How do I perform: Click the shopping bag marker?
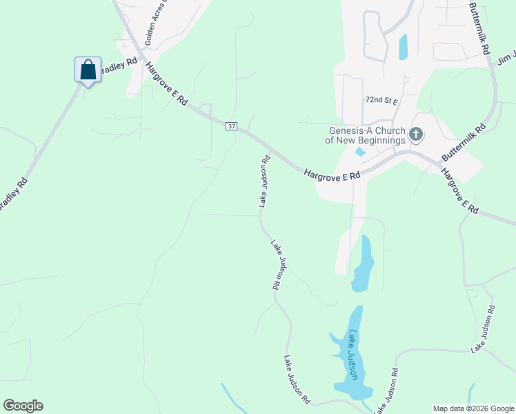click(x=88, y=70)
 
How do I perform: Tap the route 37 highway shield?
click(x=231, y=126)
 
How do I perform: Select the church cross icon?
click(x=416, y=135)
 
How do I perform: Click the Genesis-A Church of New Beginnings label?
click(x=365, y=135)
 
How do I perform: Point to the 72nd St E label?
click(x=382, y=100)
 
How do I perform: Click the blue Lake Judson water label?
click(x=353, y=355)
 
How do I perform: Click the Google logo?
click(x=23, y=406)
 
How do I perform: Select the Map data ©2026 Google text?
click(x=473, y=408)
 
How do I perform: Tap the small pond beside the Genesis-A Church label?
click(x=359, y=152)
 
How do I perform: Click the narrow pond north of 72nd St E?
click(x=403, y=46)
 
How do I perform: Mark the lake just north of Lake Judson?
click(x=363, y=264)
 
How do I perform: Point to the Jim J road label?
click(x=506, y=59)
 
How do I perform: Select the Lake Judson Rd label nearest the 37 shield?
click(x=264, y=181)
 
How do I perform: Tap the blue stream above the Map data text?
click(x=471, y=393)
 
